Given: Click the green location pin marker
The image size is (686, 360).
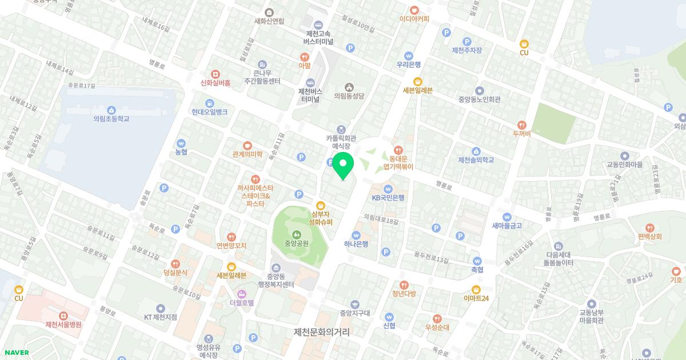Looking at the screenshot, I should tap(343, 165).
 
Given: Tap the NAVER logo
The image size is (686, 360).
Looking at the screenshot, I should tap(15, 353).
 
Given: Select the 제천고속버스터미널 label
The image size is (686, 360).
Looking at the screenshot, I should tap(318, 38).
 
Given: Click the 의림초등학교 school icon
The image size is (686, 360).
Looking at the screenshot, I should tap(111, 109).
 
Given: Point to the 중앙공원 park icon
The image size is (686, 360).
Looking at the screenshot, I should tap(296, 234).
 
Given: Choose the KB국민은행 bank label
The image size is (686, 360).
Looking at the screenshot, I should tap(388, 198).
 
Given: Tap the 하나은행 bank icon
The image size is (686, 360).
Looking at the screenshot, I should tap(356, 234).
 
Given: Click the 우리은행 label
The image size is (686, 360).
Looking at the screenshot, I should tap(409, 65).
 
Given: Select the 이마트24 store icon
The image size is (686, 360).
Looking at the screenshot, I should tap(476, 289).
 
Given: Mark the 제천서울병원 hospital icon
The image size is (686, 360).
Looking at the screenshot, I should tap(63, 315).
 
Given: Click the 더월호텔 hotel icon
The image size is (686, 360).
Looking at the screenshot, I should tap(241, 293).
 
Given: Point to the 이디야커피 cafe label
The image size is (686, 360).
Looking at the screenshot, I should tap(414, 18).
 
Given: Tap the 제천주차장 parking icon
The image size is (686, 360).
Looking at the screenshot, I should tap(466, 41).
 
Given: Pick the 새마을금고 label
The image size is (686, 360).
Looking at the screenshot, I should tap(506, 226).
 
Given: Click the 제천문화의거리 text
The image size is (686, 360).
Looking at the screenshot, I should tap(321, 332).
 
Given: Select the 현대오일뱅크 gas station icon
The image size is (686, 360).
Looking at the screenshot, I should tap(210, 103).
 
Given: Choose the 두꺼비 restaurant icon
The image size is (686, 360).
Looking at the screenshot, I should tap(521, 125).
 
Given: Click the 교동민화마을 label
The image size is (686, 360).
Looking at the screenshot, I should tap(625, 165).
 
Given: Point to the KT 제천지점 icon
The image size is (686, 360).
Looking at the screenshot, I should tap(161, 308).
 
